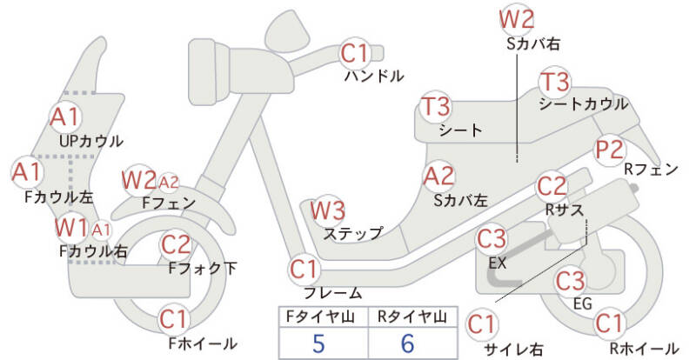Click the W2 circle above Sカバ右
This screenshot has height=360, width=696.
(516, 18)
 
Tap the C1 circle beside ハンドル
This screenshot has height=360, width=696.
(355, 53)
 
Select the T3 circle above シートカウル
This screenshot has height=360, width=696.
(554, 83)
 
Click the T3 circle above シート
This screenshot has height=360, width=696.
(436, 107)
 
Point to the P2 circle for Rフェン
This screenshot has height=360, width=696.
(609, 148)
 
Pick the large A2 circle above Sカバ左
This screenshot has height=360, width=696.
(439, 177)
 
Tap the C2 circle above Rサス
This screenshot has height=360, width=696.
(552, 185)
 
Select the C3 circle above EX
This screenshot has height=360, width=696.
(492, 237)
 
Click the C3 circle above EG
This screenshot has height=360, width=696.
(570, 280)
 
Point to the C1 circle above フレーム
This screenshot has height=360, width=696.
(304, 267)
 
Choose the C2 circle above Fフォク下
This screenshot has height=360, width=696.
(177, 243)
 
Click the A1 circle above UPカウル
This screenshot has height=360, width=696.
(64, 116)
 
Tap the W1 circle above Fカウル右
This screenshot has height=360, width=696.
(71, 229)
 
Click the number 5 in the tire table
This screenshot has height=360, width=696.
(318, 343)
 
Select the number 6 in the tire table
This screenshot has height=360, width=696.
(407, 343)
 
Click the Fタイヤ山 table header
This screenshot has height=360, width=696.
(318, 316)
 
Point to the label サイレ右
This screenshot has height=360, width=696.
(513, 349)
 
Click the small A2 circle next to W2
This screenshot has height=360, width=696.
(169, 182)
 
